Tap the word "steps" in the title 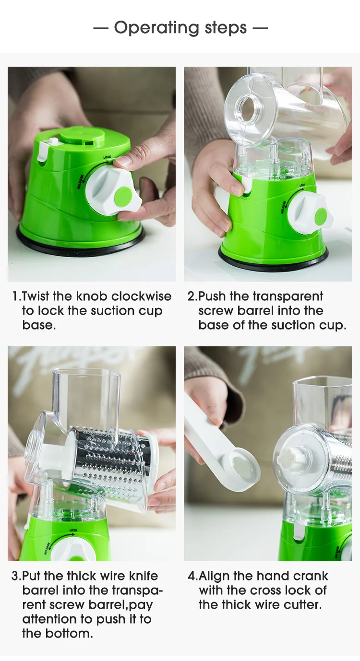coord(226,28)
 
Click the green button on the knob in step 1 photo coord(123,195)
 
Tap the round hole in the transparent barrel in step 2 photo coord(248,108)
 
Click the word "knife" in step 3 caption coord(144,576)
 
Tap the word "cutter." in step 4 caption coord(303,605)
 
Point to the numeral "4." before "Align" coord(193,576)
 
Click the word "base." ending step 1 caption coord(39,325)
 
